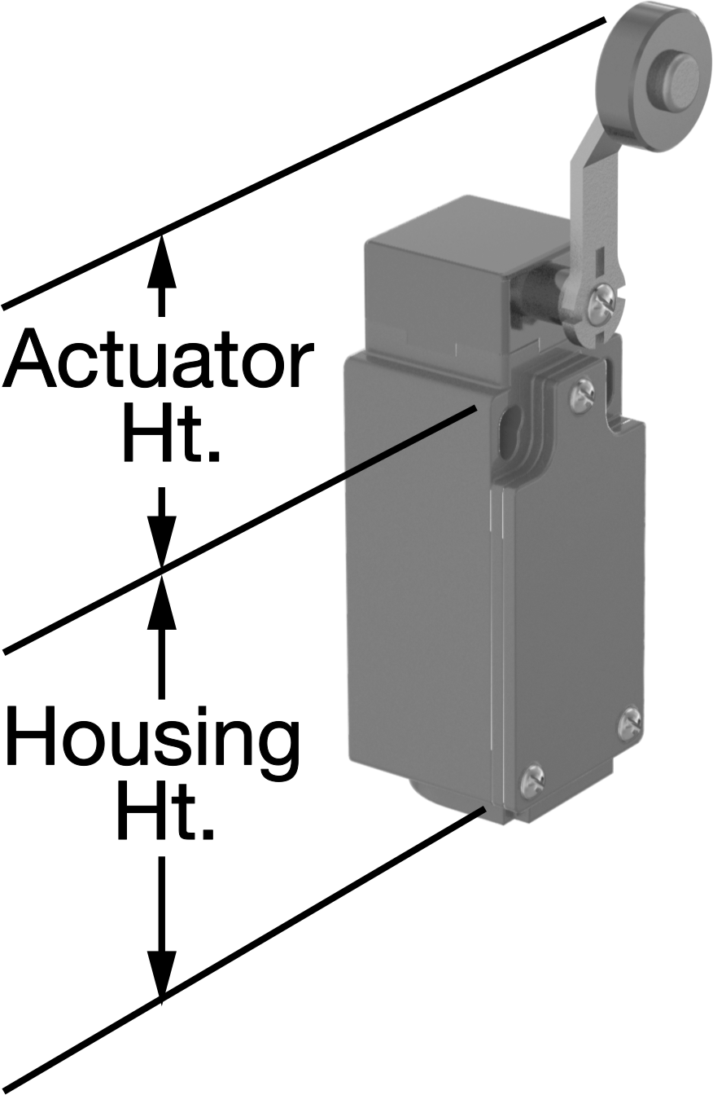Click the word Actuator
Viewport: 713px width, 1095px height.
157,358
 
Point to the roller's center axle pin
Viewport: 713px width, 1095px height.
679,73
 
